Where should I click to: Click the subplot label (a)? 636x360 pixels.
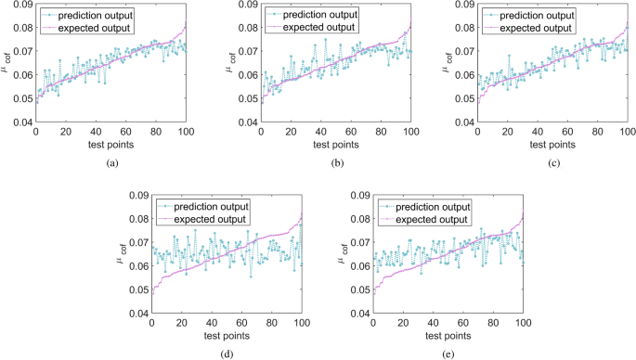(112, 162)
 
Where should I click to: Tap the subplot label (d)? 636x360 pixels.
(227, 353)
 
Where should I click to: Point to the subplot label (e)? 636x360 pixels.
(448, 353)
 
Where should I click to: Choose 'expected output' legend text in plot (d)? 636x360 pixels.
(209, 219)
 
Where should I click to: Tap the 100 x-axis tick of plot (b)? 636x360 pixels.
(409, 132)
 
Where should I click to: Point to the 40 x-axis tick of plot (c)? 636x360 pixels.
(506, 132)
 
